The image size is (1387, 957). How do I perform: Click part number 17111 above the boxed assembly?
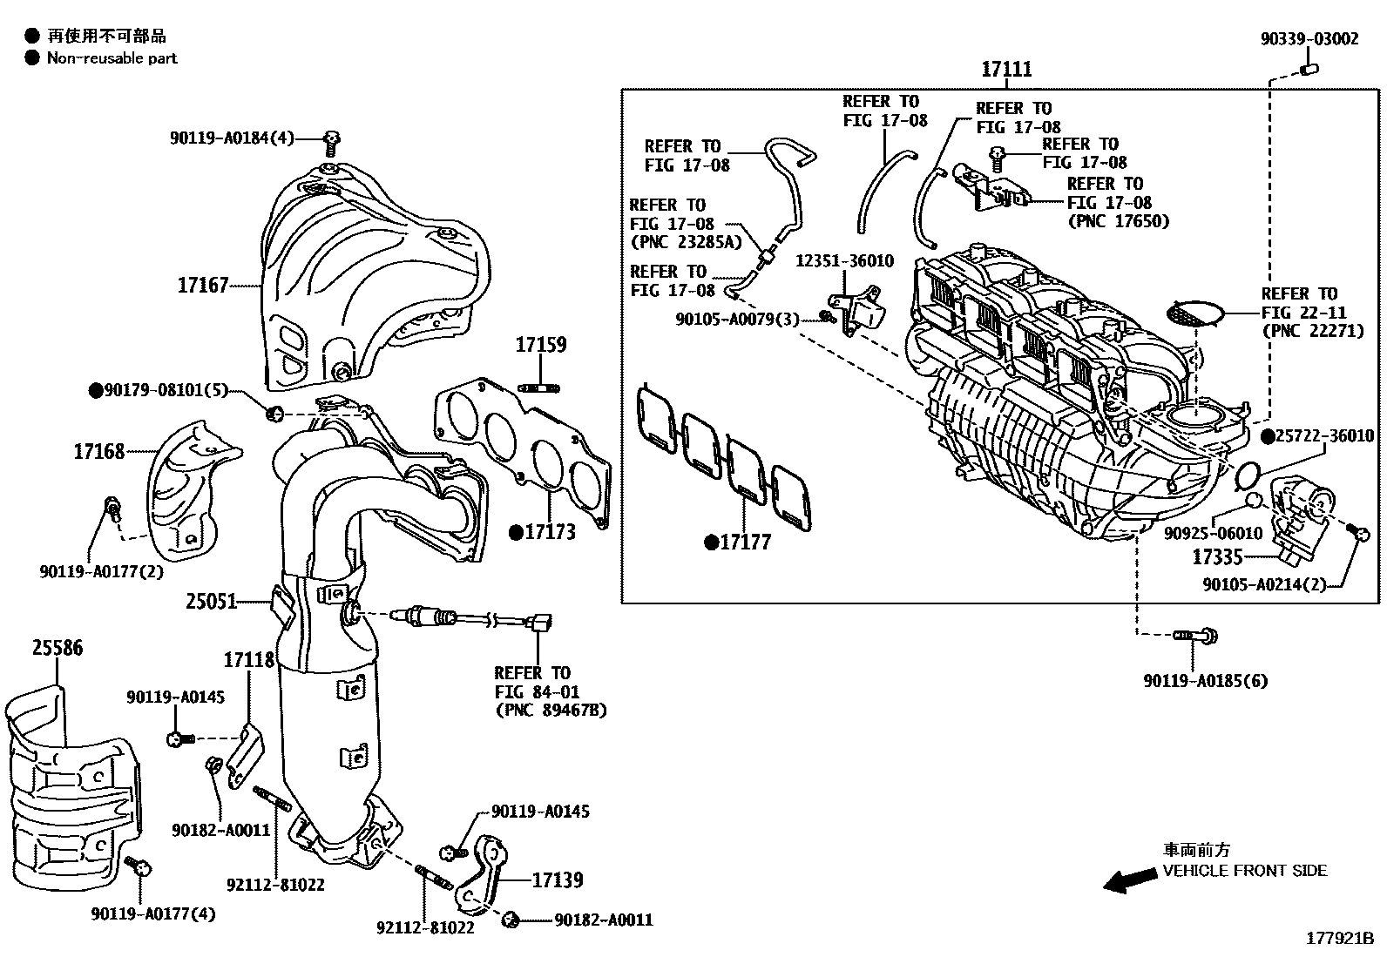click(x=1006, y=70)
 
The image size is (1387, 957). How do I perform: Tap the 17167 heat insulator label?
click(x=203, y=285)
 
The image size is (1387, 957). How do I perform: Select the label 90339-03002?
click(x=1309, y=39)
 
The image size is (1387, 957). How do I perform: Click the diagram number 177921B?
click(x=1338, y=939)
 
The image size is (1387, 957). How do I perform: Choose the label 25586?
click(x=58, y=648)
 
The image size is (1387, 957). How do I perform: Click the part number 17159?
click(x=540, y=345)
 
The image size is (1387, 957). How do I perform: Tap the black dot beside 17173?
click(x=516, y=531)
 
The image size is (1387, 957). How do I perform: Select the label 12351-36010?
click(x=843, y=262)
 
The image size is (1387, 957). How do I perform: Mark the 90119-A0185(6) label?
click(x=1193, y=680)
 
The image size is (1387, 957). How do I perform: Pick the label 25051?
click(x=211, y=601)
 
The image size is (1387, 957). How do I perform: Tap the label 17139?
click(x=557, y=880)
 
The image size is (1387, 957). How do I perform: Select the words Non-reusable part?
click(x=112, y=58)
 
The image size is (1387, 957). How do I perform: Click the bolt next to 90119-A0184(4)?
click(x=331, y=140)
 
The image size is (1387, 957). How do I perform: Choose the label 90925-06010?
click(x=1213, y=533)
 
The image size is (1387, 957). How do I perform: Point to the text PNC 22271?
click(x=1312, y=331)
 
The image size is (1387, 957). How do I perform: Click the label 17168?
click(x=98, y=451)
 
